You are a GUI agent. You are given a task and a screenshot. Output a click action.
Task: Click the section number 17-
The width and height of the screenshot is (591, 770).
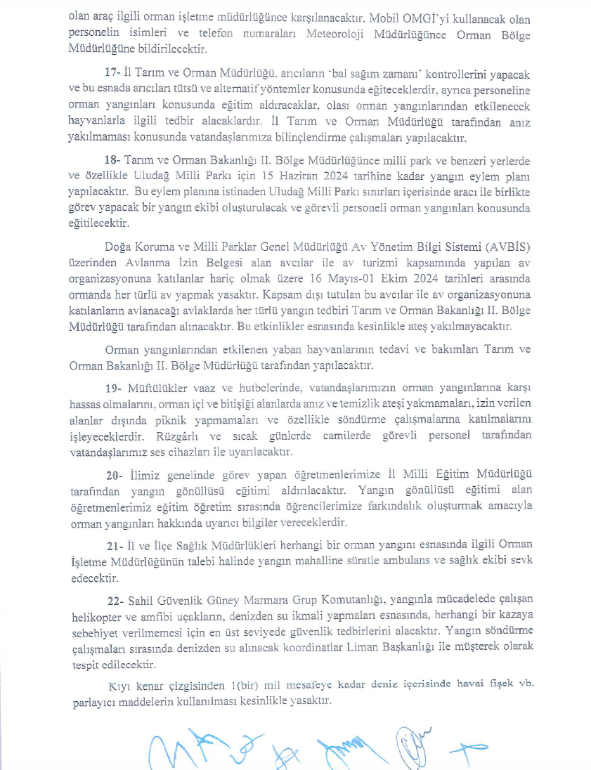(112, 74)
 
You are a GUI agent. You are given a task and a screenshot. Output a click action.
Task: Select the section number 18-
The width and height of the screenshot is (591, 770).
(112, 161)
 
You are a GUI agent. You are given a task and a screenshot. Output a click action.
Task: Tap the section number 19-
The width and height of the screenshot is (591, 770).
(112, 388)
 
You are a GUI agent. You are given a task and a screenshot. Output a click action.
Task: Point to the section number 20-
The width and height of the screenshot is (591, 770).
(113, 474)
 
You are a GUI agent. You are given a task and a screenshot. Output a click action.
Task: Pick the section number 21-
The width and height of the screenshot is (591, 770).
(112, 544)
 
